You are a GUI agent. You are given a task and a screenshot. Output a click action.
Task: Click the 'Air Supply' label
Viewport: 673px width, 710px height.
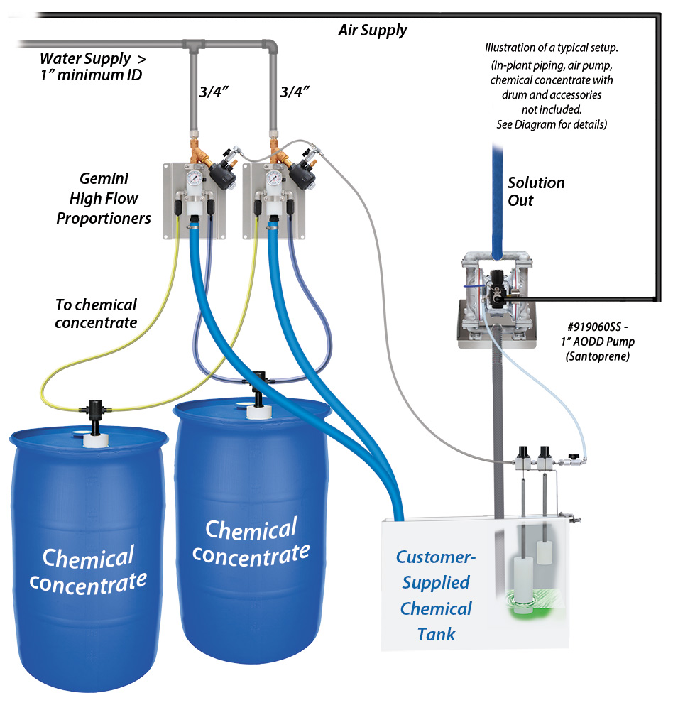(x=372, y=30)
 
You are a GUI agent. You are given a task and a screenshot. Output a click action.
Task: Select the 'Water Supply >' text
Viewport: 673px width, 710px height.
(x=92, y=58)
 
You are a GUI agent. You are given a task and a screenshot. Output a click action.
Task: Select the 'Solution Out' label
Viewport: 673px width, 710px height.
(x=535, y=191)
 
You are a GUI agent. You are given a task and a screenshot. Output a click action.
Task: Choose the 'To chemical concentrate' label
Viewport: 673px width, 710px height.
(x=96, y=313)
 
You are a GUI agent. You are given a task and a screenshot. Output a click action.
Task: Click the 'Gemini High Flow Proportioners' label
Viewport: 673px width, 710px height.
(x=104, y=198)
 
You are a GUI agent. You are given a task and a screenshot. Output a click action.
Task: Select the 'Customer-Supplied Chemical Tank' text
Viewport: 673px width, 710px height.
(x=435, y=595)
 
